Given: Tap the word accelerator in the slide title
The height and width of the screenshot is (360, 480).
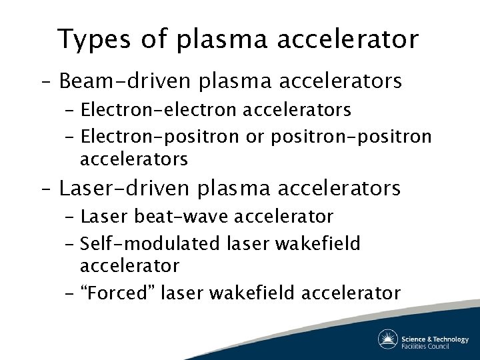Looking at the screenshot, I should [x=353, y=39].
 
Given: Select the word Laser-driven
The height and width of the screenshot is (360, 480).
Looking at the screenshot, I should [x=127, y=188].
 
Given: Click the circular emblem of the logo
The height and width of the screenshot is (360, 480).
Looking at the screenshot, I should [x=388, y=339].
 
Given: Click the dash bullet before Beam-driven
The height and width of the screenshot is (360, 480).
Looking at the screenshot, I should [x=47, y=82].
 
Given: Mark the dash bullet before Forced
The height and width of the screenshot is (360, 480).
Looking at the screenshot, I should [x=70, y=293].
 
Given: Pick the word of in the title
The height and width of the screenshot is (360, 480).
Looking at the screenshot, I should [x=155, y=39].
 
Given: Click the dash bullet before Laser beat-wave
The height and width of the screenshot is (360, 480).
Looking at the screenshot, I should [x=70, y=217].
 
